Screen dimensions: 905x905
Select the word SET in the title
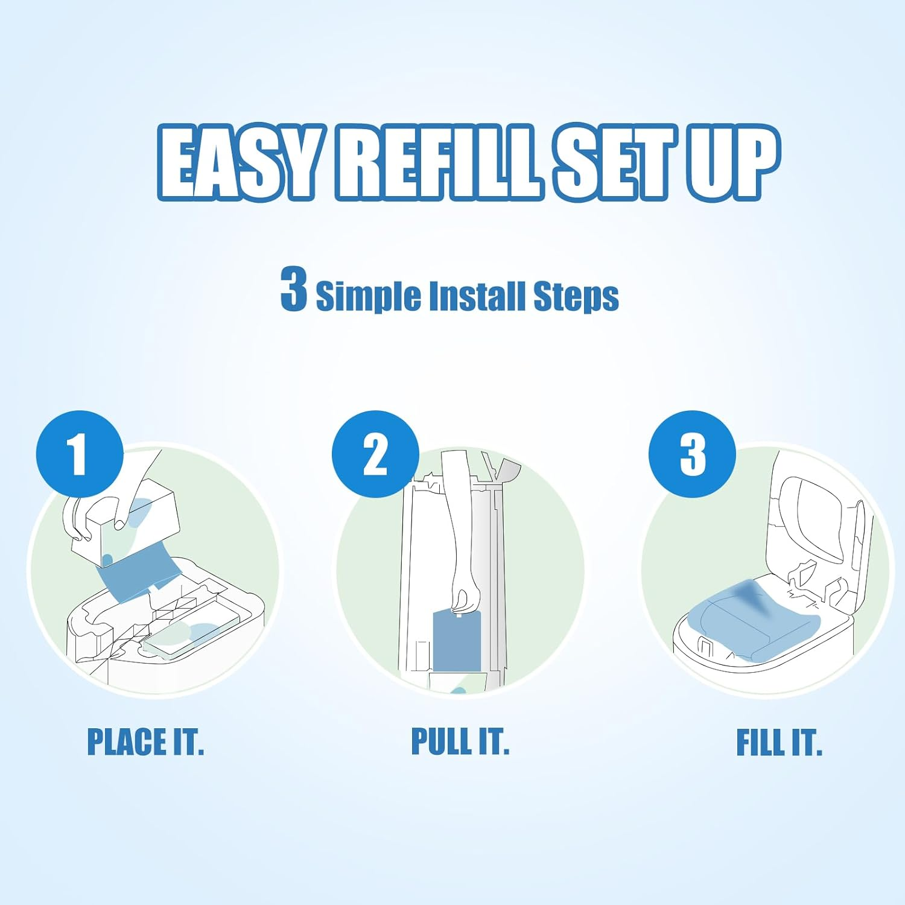612,162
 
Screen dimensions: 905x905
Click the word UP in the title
733,162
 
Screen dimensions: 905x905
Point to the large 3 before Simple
294,290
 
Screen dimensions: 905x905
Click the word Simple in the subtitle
368,297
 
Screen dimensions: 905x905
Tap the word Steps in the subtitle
576,297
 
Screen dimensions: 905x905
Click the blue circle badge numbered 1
80,454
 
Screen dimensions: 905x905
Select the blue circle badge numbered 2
375,454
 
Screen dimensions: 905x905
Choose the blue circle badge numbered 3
692,454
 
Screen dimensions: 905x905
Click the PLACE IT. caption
145,742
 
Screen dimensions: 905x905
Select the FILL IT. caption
779,742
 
